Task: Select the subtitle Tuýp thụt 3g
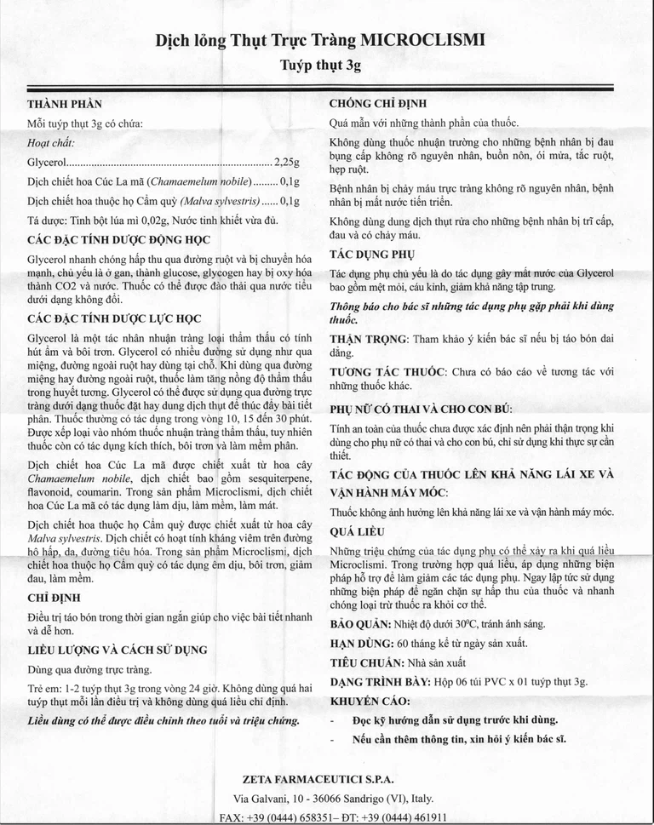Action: click(326, 64)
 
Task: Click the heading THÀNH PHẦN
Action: click(65, 104)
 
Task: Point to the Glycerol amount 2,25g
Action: click(285, 162)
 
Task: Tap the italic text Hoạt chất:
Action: click(51, 142)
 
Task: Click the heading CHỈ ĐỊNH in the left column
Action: click(55, 599)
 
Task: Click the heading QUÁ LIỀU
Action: click(357, 531)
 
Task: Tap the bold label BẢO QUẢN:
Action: click(360, 624)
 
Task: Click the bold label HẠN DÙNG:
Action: click(359, 644)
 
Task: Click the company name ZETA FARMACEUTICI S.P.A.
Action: click(318, 779)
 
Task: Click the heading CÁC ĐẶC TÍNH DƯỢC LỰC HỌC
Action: click(114, 319)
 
